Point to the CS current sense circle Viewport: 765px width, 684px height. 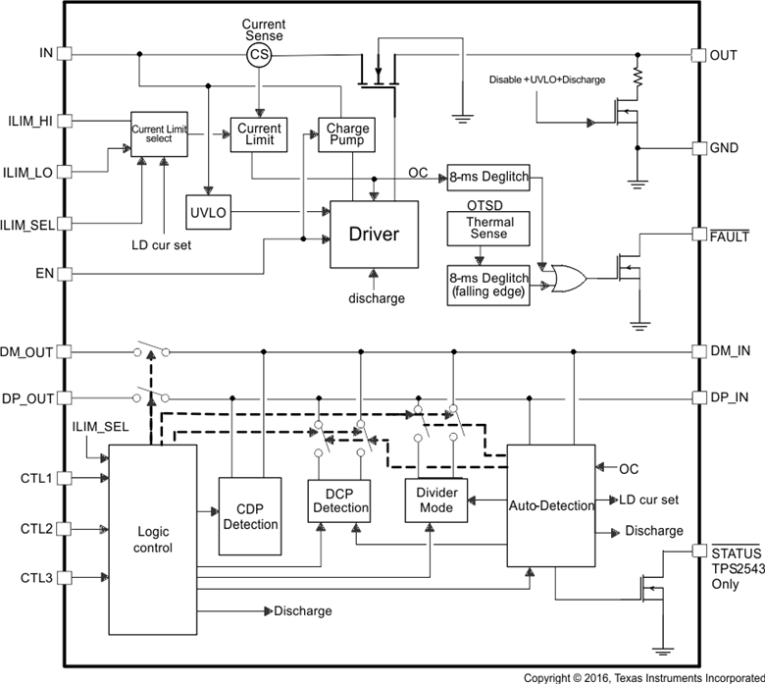259,55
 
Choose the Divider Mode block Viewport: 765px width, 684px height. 436,500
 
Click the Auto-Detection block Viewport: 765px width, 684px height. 551,505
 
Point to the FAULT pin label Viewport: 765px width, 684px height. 729,237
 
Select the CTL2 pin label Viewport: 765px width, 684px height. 36,529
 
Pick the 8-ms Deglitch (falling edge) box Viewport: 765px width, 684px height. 488,285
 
